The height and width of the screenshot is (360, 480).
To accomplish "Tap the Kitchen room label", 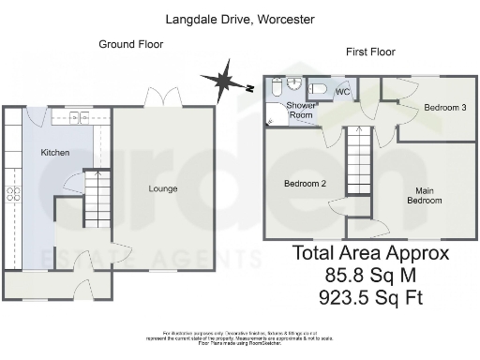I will click(x=54, y=153).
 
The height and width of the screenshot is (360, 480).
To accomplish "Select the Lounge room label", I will click(x=162, y=188).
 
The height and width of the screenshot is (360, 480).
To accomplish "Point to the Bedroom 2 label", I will click(x=305, y=184).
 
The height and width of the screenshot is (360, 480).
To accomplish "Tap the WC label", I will click(x=342, y=92).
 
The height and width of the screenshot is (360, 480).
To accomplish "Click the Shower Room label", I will click(x=300, y=110).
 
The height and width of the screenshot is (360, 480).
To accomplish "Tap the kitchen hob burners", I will click(x=14, y=194).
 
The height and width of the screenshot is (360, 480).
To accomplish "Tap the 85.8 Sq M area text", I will click(x=370, y=276).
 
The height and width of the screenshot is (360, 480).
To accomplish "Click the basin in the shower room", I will click(x=291, y=82).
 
